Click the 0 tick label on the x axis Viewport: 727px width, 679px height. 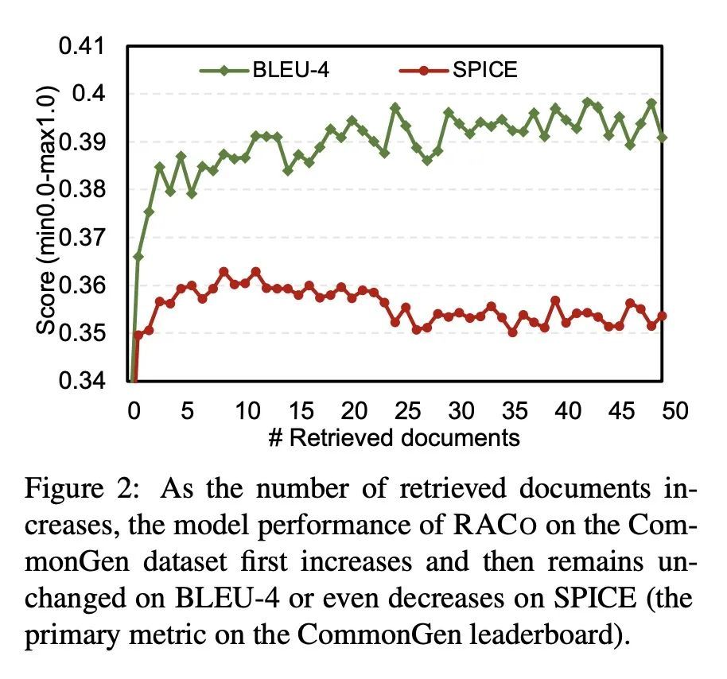[x=134, y=411]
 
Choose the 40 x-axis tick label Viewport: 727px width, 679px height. [x=567, y=411]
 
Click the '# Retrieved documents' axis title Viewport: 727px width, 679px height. [x=395, y=437]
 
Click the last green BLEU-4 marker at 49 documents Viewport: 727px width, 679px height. [x=662, y=138]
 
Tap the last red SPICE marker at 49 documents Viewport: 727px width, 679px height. [x=662, y=316]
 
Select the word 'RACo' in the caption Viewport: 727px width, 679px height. [x=500, y=526]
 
